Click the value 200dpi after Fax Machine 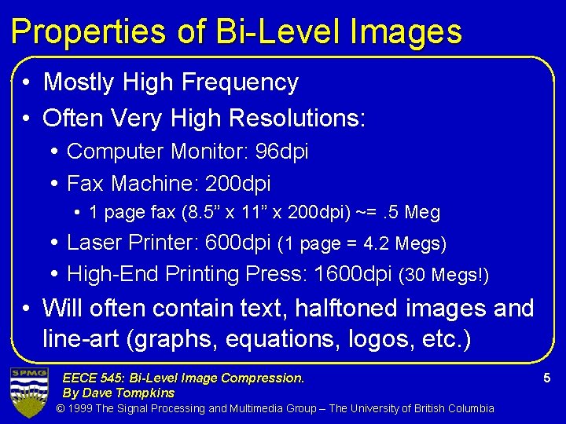[237, 184]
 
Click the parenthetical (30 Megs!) [445, 276]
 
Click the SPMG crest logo [28, 390]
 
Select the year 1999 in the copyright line [81, 408]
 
